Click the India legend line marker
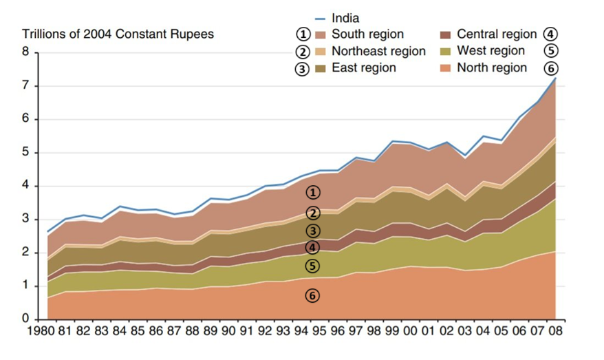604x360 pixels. (x=321, y=19)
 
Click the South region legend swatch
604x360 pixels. (x=321, y=34)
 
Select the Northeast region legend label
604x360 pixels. (x=378, y=51)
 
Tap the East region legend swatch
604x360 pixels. (x=321, y=67)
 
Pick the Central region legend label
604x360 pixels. (x=496, y=34)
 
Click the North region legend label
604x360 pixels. (x=492, y=67)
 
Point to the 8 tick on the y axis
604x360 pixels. (x=25, y=52)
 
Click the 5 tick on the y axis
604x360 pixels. (x=25, y=153)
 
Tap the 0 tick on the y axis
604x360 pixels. (x=25, y=319)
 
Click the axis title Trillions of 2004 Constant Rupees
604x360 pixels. (x=118, y=34)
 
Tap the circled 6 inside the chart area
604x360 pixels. (x=312, y=295)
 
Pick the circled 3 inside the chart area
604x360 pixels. (x=312, y=231)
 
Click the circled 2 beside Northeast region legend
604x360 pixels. (x=301, y=52)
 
